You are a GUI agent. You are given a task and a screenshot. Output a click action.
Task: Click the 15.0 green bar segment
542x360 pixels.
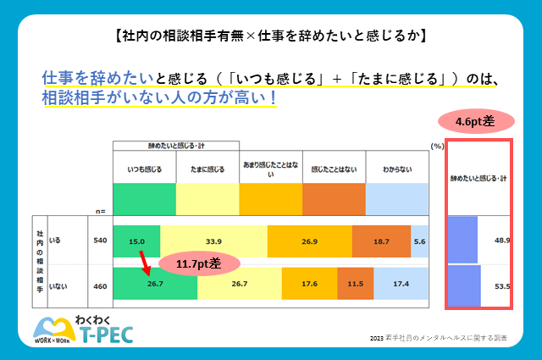coord(135,241)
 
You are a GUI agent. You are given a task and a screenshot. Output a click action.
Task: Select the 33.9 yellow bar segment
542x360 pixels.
coord(213,241)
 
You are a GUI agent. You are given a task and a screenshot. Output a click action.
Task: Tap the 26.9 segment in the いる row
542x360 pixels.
coord(309,241)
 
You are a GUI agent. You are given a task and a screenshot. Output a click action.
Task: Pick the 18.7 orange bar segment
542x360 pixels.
coord(382,241)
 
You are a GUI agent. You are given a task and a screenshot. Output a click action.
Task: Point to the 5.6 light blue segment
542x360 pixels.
coord(420,241)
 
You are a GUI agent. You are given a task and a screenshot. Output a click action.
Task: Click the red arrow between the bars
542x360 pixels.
coord(145,262)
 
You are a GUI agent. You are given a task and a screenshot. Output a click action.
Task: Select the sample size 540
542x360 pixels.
coord(100,241)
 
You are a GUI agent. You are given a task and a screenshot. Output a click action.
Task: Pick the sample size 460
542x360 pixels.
coord(100,286)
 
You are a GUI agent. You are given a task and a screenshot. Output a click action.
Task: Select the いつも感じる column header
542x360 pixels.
coord(144,169)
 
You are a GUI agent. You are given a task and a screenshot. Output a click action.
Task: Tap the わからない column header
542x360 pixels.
coord(396,169)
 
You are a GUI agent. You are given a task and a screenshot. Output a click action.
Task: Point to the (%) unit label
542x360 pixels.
coord(437,146)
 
